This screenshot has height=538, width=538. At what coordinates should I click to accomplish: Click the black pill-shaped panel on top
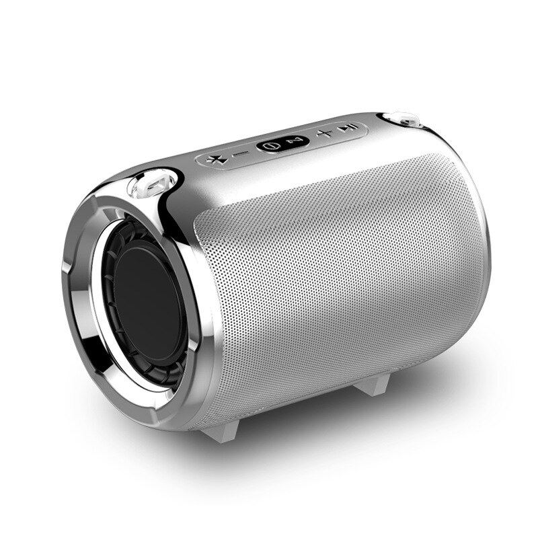coord(282,143)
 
